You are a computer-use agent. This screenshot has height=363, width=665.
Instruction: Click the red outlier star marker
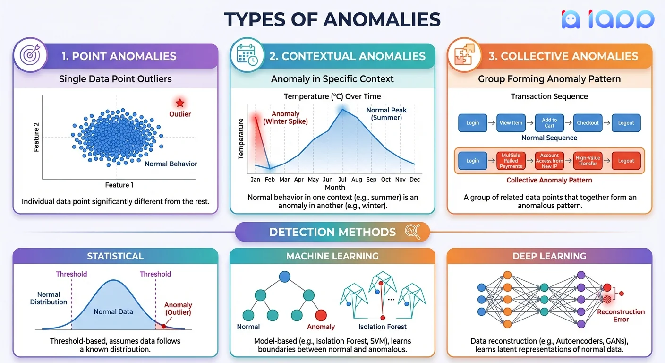click(x=180, y=103)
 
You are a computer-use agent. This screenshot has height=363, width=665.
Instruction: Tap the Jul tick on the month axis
click(x=342, y=180)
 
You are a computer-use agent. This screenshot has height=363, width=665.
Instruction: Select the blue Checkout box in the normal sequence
click(x=588, y=123)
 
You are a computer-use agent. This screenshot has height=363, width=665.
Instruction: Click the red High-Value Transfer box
click(x=588, y=161)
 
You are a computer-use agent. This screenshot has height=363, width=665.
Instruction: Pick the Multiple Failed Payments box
click(x=511, y=161)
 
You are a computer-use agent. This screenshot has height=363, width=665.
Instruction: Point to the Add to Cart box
click(x=549, y=123)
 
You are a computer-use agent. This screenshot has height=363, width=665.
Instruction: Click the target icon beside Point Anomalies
click(x=30, y=55)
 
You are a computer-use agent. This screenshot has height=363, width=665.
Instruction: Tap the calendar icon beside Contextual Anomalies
click(x=247, y=55)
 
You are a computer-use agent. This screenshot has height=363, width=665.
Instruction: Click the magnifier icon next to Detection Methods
click(x=412, y=232)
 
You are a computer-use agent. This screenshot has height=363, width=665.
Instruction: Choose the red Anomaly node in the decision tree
click(x=321, y=315)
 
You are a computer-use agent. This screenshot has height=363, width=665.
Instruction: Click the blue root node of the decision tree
click(x=284, y=276)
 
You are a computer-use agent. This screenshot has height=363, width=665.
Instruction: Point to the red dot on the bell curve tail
click(x=163, y=326)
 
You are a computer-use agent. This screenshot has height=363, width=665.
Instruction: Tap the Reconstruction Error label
click(x=621, y=316)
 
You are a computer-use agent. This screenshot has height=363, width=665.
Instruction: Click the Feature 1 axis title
click(x=119, y=185)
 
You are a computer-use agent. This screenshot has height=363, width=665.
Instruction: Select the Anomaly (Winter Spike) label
click(x=285, y=117)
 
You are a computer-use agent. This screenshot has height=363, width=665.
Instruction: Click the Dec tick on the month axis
click(x=415, y=180)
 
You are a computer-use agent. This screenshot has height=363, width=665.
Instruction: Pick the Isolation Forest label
click(x=383, y=327)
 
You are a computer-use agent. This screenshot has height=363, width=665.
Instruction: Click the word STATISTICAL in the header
click(x=115, y=256)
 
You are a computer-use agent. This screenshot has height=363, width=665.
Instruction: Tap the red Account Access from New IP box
click(x=549, y=161)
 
